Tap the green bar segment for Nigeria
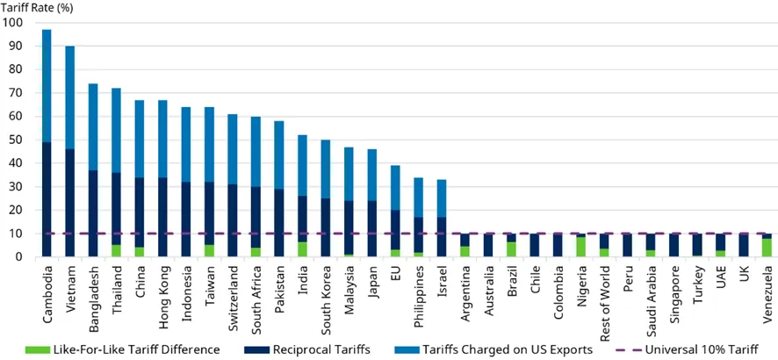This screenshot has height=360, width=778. point(581,247)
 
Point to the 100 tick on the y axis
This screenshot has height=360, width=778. point(17,23)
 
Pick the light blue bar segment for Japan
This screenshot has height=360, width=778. point(372,175)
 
